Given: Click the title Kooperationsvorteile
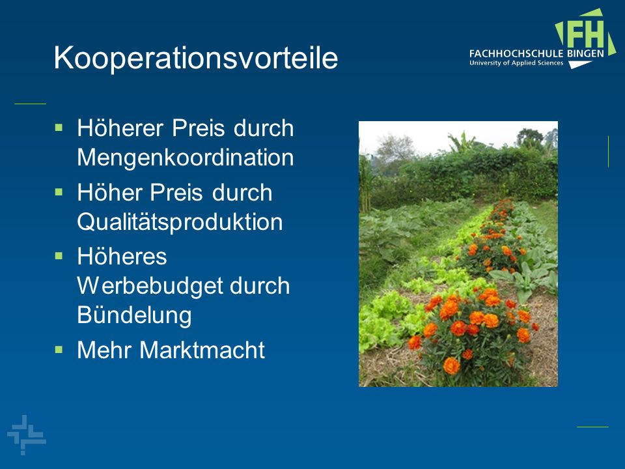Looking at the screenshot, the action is pos(196,58).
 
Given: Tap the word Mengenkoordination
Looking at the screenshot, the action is pos(186,158).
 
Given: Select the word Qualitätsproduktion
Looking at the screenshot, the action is pos(180,221).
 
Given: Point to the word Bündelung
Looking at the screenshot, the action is pos(134,315).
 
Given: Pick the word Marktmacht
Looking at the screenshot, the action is pos(202,350).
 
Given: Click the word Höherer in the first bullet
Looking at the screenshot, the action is pos(120,128).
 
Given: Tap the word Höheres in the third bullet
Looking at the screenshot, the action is pos(122,256).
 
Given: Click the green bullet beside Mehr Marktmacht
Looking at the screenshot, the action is pos(59,350).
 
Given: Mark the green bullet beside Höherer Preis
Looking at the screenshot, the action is pos(59,128).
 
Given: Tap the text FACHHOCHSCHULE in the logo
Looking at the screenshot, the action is pos(516,53).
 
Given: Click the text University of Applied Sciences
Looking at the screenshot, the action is pos(516,63).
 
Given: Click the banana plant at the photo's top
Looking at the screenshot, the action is pos(462,143).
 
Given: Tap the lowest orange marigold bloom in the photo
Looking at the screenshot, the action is pos(451,365).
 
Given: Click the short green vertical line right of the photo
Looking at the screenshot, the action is pos(608,152).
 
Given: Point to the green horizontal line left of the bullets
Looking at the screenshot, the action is pos(31,104).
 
